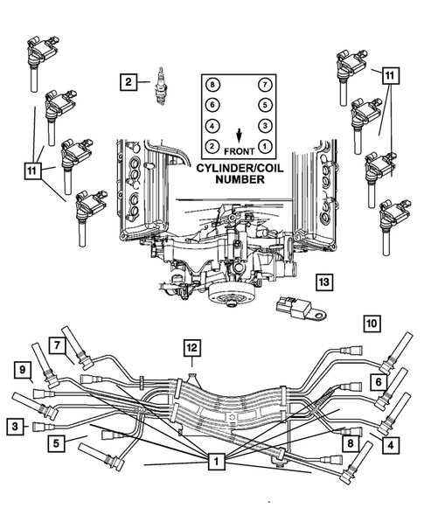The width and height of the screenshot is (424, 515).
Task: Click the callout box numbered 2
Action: click(x=129, y=82)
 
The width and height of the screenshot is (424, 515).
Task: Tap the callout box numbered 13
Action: click(x=323, y=282)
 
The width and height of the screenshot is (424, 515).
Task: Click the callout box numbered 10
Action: click(x=372, y=324)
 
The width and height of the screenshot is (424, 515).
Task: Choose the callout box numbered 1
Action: click(x=212, y=460)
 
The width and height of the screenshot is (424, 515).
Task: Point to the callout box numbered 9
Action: click(x=20, y=372)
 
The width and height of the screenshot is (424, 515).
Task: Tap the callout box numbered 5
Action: click(x=56, y=443)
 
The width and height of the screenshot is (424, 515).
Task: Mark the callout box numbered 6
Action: click(x=377, y=381)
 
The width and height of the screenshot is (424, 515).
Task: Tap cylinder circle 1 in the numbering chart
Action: click(x=263, y=144)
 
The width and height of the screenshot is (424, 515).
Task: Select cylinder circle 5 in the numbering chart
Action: click(x=263, y=105)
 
